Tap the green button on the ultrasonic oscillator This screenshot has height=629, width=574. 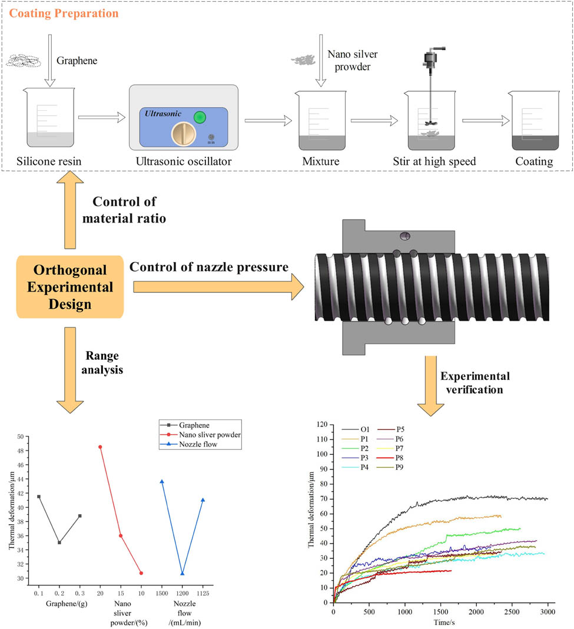point(200,117)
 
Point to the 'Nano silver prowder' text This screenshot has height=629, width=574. point(352,60)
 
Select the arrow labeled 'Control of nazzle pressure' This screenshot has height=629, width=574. point(218,287)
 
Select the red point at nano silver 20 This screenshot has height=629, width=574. point(100,447)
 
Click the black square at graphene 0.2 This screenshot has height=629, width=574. point(59,542)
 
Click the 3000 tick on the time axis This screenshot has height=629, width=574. point(548,613)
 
